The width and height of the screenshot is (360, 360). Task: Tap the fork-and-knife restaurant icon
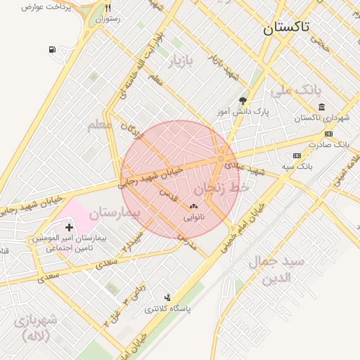click(x=107, y=8)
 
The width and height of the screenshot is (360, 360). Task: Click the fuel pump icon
click(x=53, y=49)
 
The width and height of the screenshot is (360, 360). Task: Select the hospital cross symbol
click(x=69, y=227)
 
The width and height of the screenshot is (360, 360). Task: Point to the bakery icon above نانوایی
click(x=193, y=207)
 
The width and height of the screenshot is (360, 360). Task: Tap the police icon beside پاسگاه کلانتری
click(x=167, y=297)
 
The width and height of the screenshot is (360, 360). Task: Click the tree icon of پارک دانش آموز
click(x=243, y=101)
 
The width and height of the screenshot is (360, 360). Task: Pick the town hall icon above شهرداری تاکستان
click(x=321, y=107)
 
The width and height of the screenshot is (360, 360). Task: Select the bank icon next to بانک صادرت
click(x=328, y=134)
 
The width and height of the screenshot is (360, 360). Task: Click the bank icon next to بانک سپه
click(x=297, y=155)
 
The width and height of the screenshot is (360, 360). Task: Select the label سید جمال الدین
click(x=276, y=269)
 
